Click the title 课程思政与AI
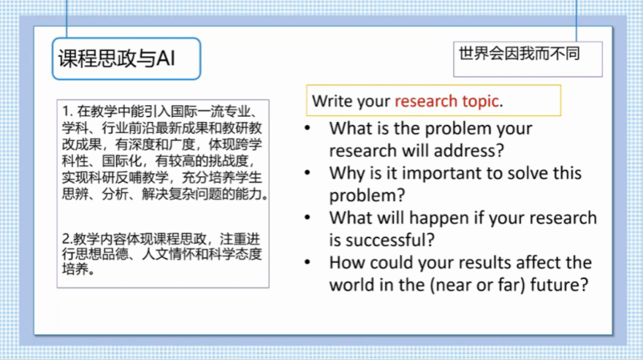116,58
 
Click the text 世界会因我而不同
520,54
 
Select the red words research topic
446,101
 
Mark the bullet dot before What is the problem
308,129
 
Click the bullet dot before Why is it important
308,173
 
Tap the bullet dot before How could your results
308,262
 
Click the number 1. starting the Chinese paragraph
67,112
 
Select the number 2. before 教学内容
67,239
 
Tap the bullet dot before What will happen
308,218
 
